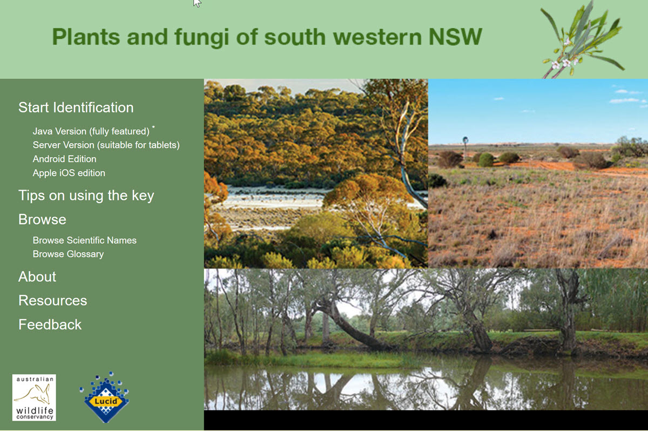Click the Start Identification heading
(x=76, y=107)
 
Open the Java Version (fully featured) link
(x=91, y=131)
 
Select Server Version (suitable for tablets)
(x=106, y=145)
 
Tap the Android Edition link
(x=64, y=159)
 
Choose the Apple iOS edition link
(x=69, y=173)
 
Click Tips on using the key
(x=86, y=196)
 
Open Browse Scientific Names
(x=84, y=240)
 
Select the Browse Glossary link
(x=68, y=254)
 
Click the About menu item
(x=37, y=277)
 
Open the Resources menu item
(x=53, y=300)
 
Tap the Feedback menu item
(x=50, y=325)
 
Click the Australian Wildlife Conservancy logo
(x=34, y=398)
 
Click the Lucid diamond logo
(x=105, y=398)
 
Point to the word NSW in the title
(x=455, y=37)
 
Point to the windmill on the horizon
(x=465, y=146)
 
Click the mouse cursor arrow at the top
(x=197, y=3)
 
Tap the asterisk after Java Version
(x=153, y=127)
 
